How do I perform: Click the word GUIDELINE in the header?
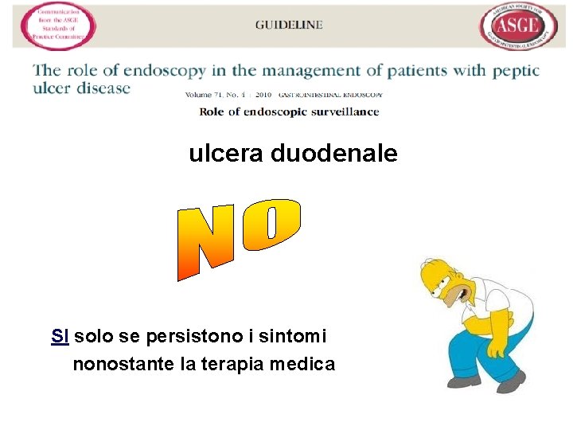pyautogui.click(x=289, y=25)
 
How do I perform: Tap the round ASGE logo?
pyautogui.click(x=517, y=26)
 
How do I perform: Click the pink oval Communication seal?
pyautogui.click(x=58, y=26)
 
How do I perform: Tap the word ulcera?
pyautogui.click(x=226, y=154)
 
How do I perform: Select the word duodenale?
pyautogui.click(x=334, y=154)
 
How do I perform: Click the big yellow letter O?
pyautogui.click(x=271, y=221)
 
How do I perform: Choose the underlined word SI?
pyautogui.click(x=59, y=337)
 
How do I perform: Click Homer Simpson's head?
pyautogui.click(x=447, y=283)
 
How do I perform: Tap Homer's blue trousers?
pyautogui.click(x=477, y=350)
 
